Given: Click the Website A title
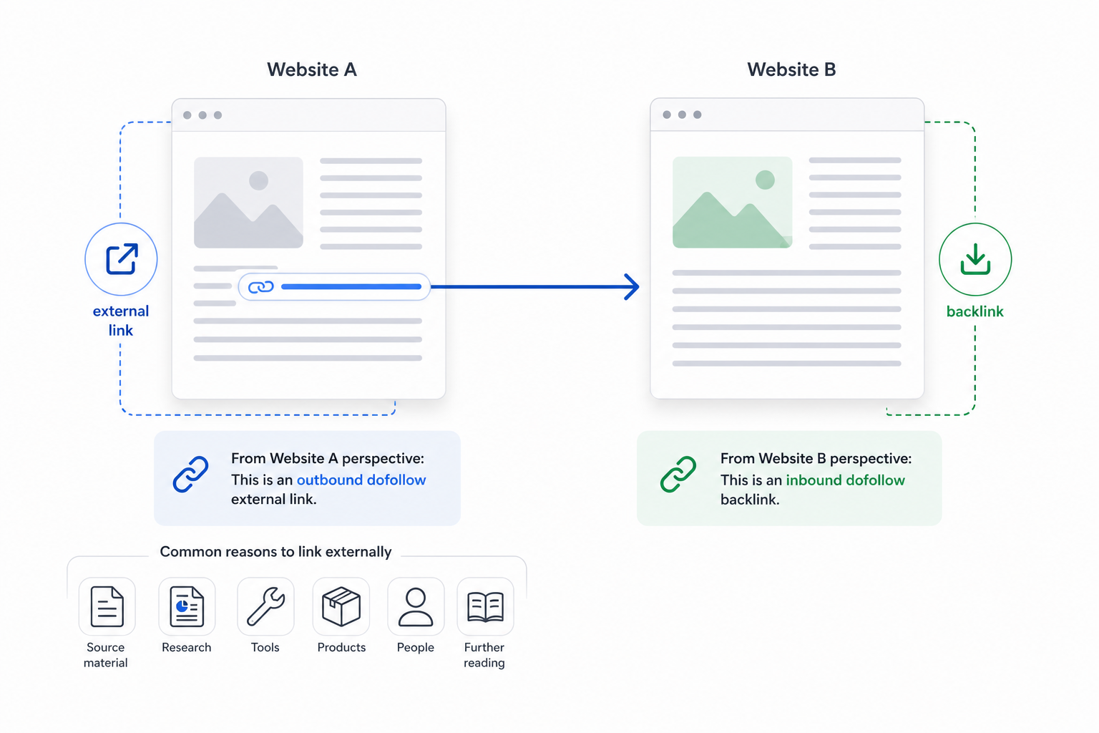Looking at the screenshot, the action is [x=311, y=69].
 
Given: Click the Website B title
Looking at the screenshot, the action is [x=791, y=69].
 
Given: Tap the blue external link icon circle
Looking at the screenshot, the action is [x=121, y=259].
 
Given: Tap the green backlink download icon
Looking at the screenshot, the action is [x=975, y=259].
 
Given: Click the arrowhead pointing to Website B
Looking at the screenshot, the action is [x=632, y=287].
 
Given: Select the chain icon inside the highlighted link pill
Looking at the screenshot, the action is [x=261, y=287].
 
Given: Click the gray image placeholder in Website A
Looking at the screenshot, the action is [x=248, y=203].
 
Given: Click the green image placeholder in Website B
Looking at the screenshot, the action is [x=732, y=203].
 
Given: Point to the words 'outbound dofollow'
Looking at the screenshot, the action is [x=361, y=480].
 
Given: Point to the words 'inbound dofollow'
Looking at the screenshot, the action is [x=845, y=480].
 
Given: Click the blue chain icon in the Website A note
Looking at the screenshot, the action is [x=190, y=475].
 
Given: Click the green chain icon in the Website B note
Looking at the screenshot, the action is [x=678, y=475].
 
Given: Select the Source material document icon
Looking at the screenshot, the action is [x=107, y=606].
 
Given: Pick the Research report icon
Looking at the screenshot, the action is [x=187, y=606].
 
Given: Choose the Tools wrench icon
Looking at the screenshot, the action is [x=265, y=606].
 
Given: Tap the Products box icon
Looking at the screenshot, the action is [x=341, y=606].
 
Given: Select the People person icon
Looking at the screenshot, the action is [x=416, y=606].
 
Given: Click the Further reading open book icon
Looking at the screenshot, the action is [x=485, y=607].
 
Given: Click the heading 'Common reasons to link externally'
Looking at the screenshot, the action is [x=275, y=552].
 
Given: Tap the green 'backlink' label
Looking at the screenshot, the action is [x=975, y=311].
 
